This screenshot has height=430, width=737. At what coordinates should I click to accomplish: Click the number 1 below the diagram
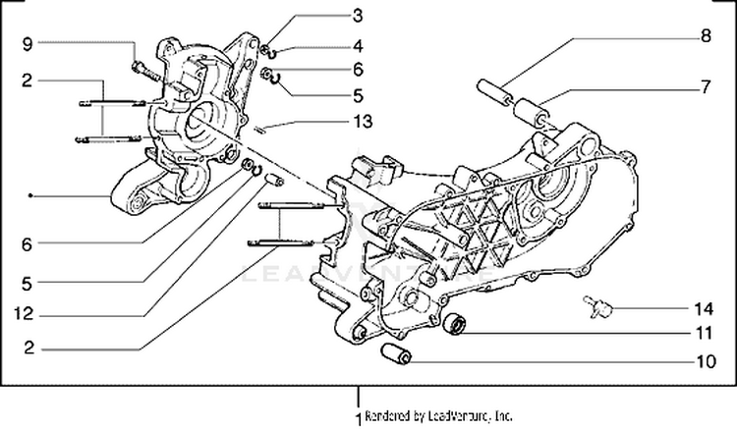coord(358,417)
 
